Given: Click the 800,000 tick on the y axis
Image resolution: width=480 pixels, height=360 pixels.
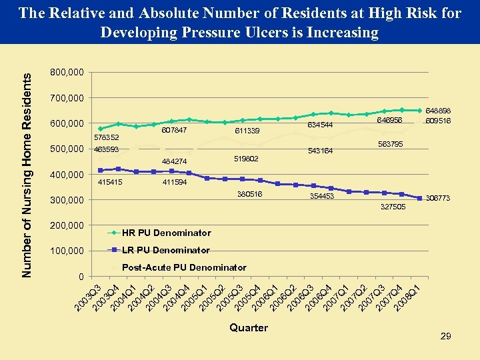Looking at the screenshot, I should point(67,72).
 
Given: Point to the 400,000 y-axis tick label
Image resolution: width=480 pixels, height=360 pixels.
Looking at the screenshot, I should point(67,174).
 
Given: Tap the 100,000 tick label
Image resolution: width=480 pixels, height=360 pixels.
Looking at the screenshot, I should point(67,251).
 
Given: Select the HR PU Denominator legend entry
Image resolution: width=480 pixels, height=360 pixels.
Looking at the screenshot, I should point(166,233).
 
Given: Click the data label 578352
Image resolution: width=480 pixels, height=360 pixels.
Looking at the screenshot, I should point(106,137).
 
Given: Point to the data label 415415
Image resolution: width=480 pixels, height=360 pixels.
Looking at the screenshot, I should point(111,182).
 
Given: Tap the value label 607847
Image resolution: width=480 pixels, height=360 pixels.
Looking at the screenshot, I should point(173,130).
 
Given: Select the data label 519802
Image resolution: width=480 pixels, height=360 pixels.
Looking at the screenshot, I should point(246,159).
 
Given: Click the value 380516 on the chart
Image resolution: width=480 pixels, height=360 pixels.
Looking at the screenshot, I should point(250,195).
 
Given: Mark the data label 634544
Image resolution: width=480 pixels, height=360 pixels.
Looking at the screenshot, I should point(319,124).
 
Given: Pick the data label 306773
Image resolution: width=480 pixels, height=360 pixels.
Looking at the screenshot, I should point(438,198).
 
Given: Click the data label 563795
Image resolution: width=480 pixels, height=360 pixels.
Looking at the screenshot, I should point(391,144).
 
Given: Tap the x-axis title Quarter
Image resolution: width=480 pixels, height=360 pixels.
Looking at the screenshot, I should point(248,327).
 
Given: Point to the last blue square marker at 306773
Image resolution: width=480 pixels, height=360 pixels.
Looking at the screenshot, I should point(419,198).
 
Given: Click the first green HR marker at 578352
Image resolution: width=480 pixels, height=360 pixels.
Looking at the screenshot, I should point(100,129).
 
